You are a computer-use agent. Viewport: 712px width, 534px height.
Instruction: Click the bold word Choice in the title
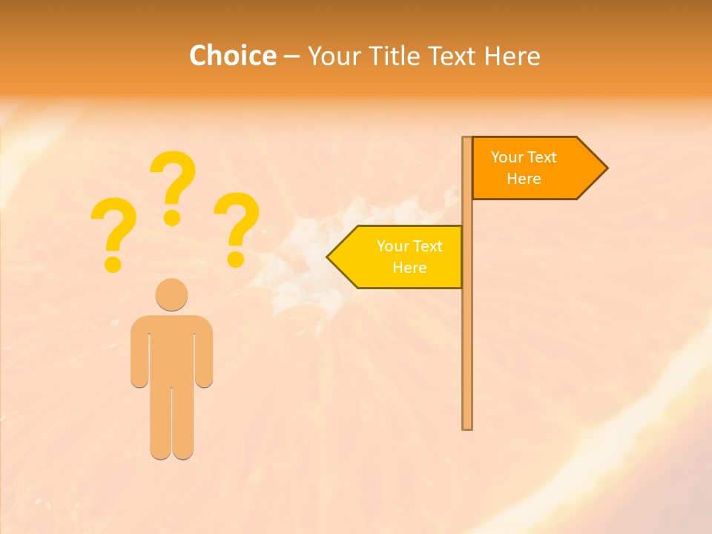[232, 56]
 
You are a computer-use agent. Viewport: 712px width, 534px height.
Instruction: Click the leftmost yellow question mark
[113, 232]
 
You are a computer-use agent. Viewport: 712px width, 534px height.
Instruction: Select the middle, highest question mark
[173, 185]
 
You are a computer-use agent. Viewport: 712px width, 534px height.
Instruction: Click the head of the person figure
[171, 294]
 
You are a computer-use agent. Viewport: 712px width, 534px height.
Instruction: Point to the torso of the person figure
[171, 349]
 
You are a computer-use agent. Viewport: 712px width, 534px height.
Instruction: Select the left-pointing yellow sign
[400, 257]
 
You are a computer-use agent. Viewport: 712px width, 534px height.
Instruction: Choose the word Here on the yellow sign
[409, 268]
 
